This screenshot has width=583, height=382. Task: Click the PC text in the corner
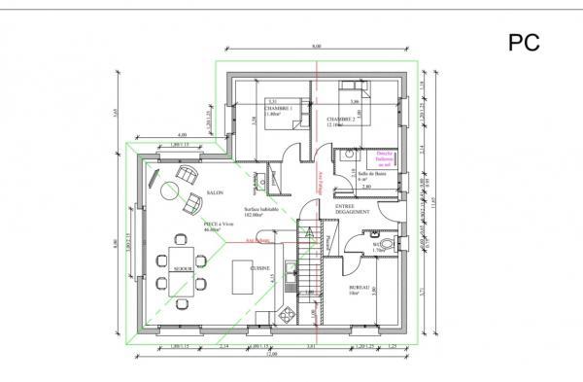(523, 42)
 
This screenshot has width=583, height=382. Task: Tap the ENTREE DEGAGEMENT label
(349, 210)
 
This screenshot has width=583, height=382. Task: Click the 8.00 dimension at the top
(317, 47)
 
